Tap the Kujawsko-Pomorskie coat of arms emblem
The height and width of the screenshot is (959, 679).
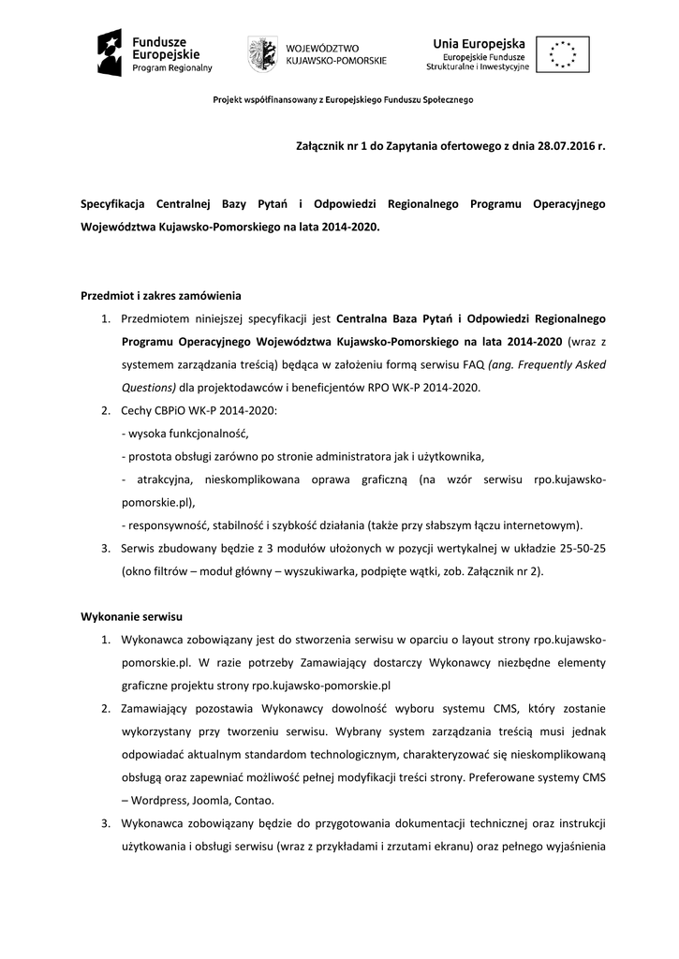coord(262,54)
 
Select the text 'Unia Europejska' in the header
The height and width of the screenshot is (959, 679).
coord(478,41)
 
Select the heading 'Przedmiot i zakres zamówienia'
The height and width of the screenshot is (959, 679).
coord(161,297)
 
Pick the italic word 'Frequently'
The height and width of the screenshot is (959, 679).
coord(549,364)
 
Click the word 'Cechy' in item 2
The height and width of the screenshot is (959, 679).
coord(136,410)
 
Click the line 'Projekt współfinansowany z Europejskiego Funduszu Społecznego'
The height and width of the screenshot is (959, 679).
coord(343,99)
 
